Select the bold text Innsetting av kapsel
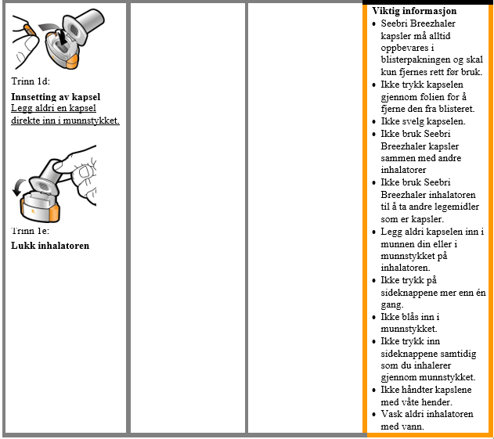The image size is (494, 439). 56,97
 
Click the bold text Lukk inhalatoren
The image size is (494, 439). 50,246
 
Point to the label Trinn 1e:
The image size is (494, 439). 31,231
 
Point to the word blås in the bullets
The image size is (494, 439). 410,317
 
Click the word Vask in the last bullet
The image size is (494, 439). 392,414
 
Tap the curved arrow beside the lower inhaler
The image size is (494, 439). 19,188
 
